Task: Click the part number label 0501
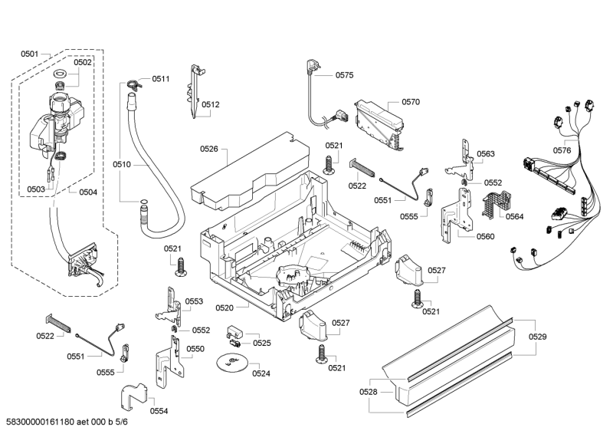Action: pyautogui.click(x=30, y=54)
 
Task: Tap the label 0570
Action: pyautogui.click(x=411, y=101)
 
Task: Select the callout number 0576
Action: pyautogui.click(x=562, y=150)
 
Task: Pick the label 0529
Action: pyautogui.click(x=538, y=337)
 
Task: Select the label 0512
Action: pyautogui.click(x=211, y=104)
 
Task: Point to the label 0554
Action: pyautogui.click(x=159, y=411)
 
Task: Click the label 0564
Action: pyautogui.click(x=514, y=216)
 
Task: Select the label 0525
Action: pyautogui.click(x=262, y=343)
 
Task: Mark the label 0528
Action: pyautogui.click(x=369, y=392)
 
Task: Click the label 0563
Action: pyautogui.click(x=486, y=154)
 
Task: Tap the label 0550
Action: pyautogui.click(x=196, y=349)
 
